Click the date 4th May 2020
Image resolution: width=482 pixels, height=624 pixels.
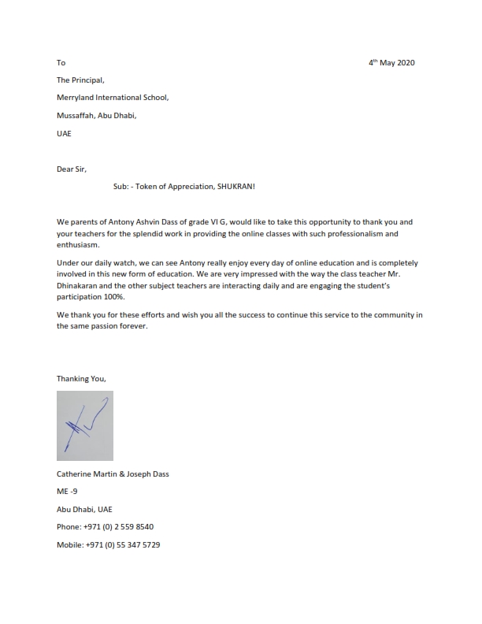[392, 62]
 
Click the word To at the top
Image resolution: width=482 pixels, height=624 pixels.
[61, 62]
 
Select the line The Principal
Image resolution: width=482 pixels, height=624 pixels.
[80, 80]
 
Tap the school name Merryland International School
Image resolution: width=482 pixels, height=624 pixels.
[113, 98]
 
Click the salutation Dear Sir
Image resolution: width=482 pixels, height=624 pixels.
[72, 169]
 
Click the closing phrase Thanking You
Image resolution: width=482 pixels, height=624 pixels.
[81, 378]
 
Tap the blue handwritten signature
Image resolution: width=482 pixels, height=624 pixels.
[85, 426]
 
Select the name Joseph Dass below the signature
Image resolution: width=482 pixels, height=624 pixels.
[146, 474]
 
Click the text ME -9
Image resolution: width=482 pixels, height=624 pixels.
[67, 491]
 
